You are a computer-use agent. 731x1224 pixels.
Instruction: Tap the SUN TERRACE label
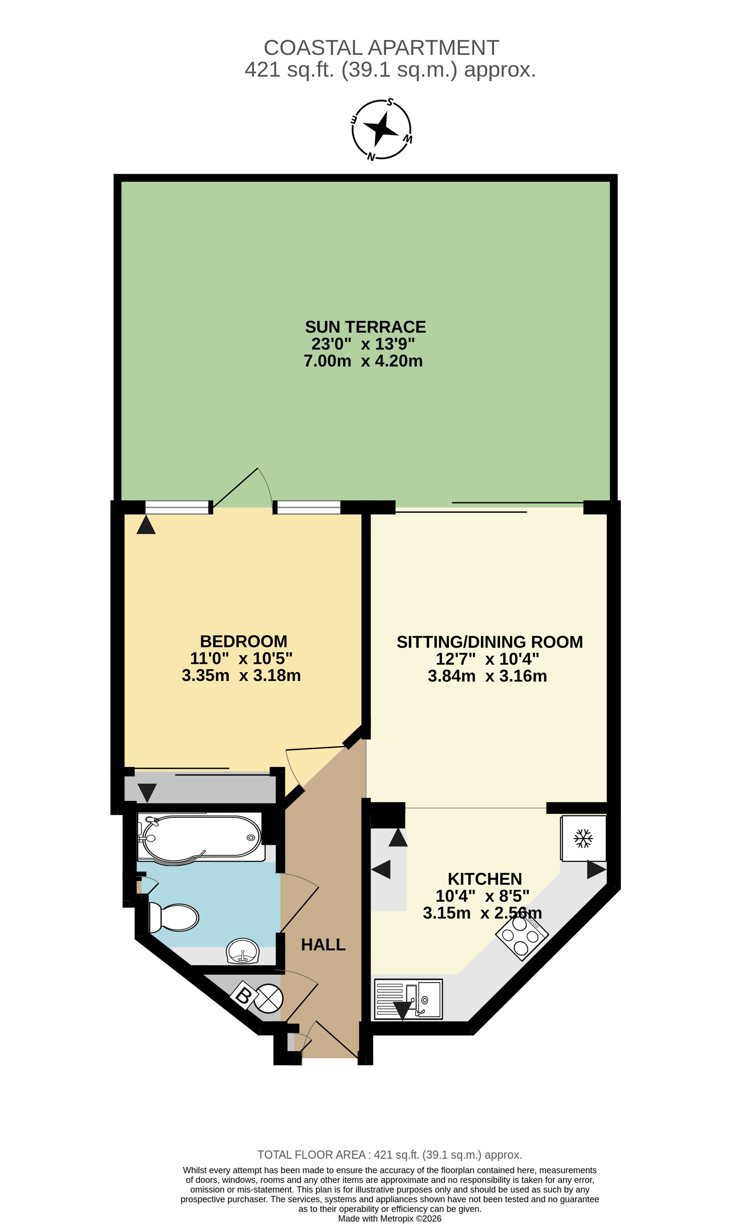(x=365, y=327)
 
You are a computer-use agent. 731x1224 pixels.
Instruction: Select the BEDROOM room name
(x=243, y=641)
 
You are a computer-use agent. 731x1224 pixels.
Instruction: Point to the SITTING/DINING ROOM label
(x=490, y=642)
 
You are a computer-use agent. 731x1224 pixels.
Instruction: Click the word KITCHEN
(x=485, y=879)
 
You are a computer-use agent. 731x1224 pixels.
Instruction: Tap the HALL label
(x=323, y=945)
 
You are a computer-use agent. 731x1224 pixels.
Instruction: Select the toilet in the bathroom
(x=173, y=917)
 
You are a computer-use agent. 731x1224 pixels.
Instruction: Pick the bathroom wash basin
(x=242, y=951)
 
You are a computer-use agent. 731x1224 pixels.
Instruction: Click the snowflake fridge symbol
(x=583, y=838)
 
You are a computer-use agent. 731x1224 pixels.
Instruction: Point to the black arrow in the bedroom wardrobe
(x=147, y=793)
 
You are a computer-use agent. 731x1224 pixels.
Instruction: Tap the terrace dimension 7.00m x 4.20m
(x=363, y=361)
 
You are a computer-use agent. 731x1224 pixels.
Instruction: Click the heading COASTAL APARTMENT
(x=381, y=48)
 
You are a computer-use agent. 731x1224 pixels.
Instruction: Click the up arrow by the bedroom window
(x=146, y=525)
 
